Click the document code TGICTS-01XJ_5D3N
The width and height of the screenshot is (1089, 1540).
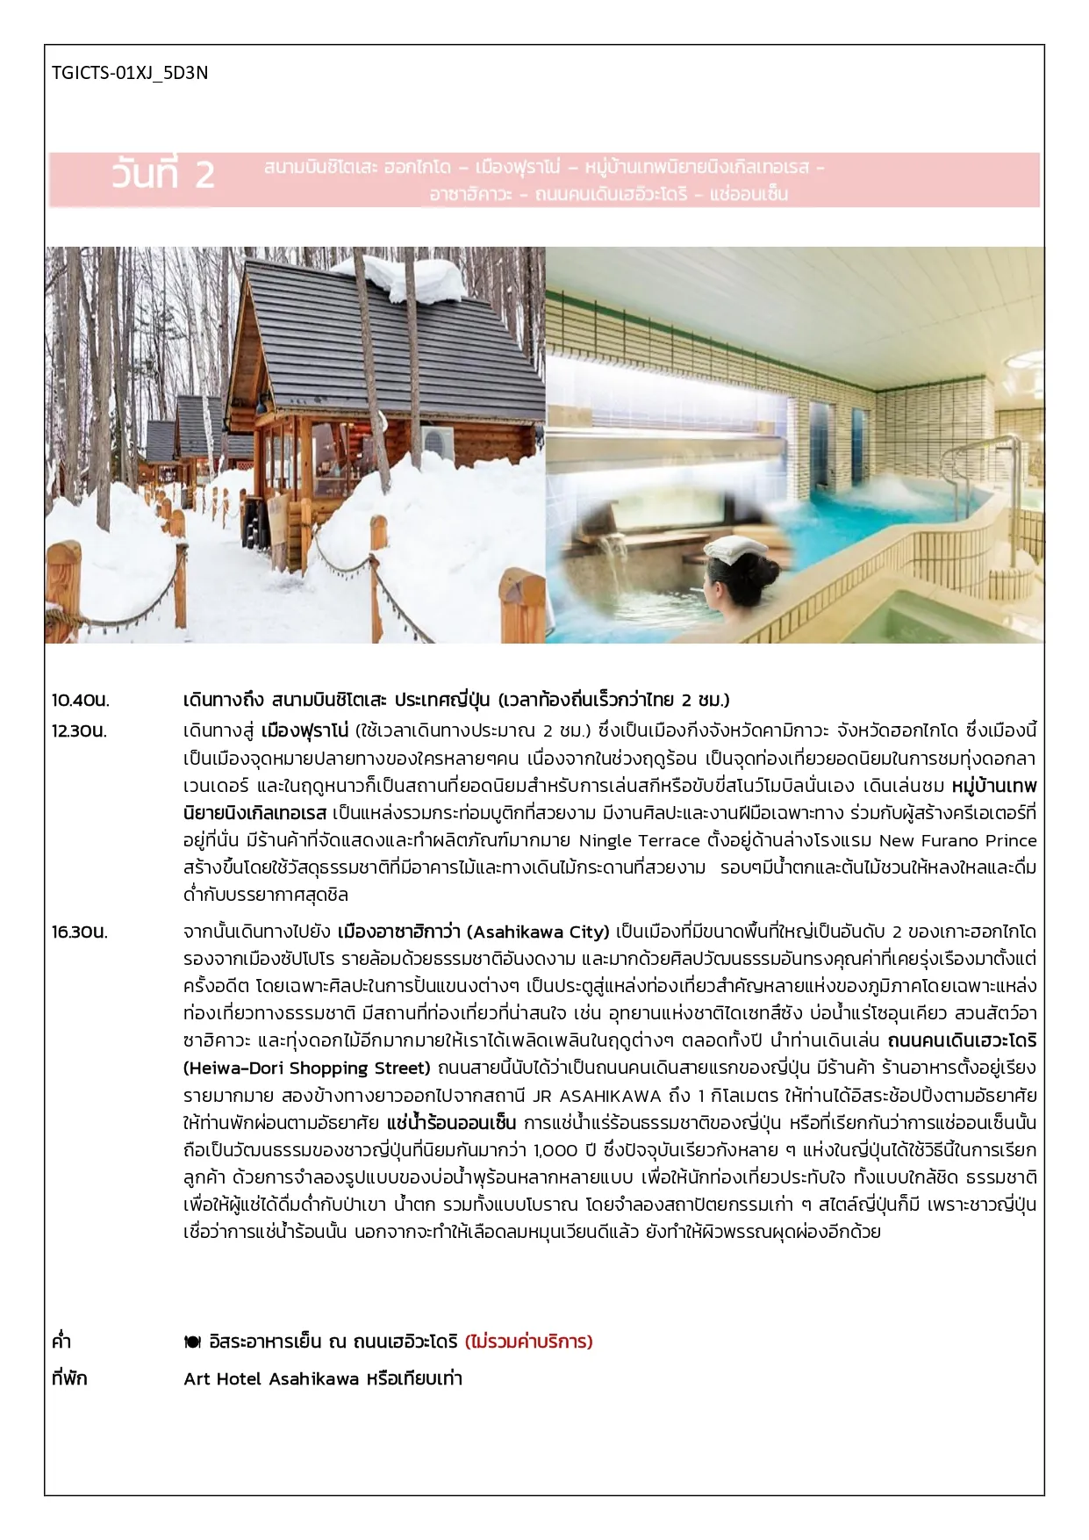tap(130, 73)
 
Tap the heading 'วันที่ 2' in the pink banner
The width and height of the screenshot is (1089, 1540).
tap(163, 175)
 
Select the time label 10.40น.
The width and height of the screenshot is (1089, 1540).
tap(80, 701)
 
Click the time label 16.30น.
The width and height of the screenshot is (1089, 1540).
tap(80, 932)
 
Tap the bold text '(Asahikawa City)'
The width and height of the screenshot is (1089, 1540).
tap(537, 932)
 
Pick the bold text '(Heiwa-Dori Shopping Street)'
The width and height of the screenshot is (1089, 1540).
tap(307, 1069)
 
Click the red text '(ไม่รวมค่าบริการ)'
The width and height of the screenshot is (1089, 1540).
tap(529, 1342)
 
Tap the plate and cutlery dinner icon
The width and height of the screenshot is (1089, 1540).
tap(192, 1342)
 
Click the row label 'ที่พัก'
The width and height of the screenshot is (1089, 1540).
tap(69, 1378)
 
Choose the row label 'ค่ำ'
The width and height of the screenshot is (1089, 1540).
tap(61, 1342)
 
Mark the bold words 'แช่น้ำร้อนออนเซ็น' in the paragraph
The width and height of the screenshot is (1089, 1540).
tap(451, 1123)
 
